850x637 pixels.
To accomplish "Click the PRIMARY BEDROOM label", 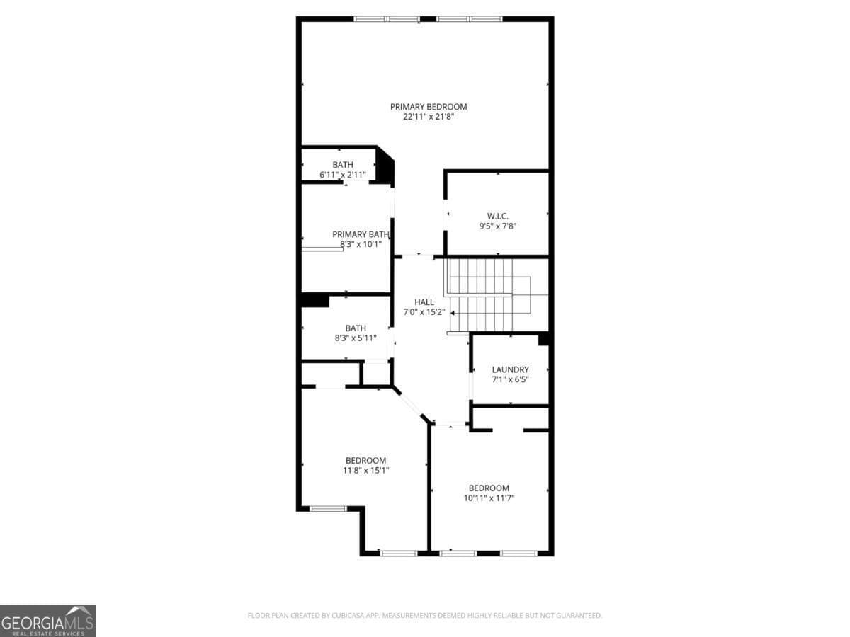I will coord(429,107).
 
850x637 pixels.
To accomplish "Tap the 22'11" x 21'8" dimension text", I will coord(429,117).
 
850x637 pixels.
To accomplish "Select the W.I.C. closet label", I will coord(498,216).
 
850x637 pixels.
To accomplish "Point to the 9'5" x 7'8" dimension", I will coord(498,226).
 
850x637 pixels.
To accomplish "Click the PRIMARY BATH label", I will coord(361,234).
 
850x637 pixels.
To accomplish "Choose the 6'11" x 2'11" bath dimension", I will coord(343,174).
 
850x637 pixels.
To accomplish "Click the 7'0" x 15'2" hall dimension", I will coord(424,312).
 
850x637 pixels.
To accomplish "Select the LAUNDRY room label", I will coord(510,369).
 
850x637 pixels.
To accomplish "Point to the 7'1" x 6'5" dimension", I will coord(510,379).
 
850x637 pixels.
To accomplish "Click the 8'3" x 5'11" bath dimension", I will coord(356,338).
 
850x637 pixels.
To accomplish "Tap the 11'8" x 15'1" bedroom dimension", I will coord(365,470).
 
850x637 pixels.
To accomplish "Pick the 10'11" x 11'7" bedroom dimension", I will coord(489,498).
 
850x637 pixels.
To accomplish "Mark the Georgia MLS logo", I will coord(48,621).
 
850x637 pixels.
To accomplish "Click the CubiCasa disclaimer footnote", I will coord(425,616).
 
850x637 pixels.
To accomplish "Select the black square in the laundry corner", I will coord(544,340).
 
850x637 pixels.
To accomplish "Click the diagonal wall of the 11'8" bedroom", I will coord(411,406).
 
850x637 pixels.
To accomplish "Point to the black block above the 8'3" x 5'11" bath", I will coord(315,301).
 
